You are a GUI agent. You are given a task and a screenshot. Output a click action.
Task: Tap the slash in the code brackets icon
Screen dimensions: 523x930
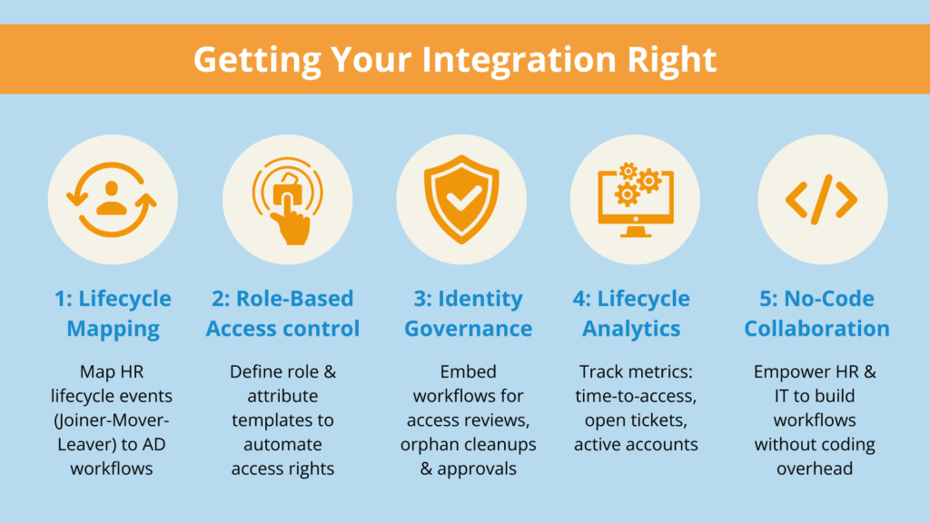821,199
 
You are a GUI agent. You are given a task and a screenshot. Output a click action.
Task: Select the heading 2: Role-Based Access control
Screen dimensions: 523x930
283,313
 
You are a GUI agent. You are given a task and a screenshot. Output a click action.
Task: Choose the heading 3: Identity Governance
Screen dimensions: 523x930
463,313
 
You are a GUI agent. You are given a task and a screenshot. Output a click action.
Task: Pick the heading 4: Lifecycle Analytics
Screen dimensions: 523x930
633,313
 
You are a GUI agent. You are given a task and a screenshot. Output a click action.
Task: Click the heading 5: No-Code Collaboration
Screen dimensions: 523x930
816,313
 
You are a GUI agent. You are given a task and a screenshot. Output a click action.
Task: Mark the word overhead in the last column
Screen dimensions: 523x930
816,468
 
